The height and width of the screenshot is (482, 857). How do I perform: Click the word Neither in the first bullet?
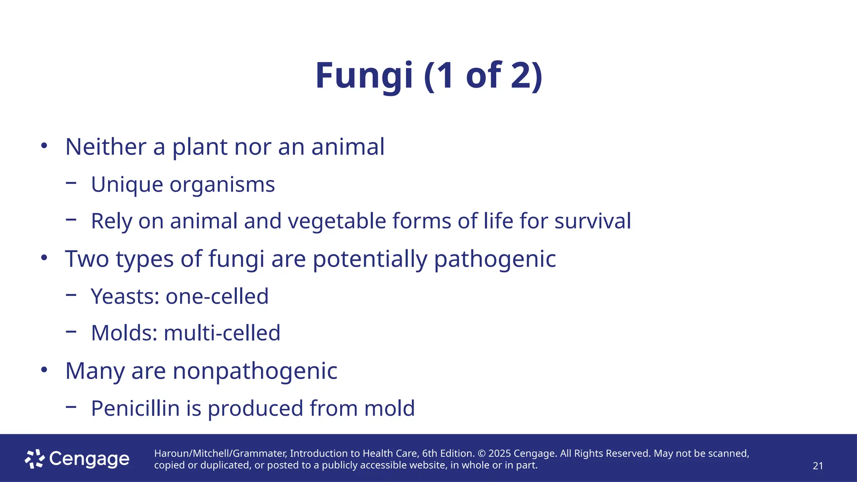pos(106,147)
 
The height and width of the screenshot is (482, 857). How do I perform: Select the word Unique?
pos(127,185)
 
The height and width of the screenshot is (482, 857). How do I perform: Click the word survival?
pos(593,221)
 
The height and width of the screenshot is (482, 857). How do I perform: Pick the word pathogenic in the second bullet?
pos(495,259)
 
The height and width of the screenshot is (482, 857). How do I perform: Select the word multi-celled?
pos(222,333)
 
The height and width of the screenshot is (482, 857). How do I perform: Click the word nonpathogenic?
pos(255,371)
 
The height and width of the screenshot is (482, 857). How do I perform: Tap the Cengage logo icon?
pos(35,459)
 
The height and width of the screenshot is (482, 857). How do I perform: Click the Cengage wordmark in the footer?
pos(89,459)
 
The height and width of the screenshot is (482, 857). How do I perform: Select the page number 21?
pos(818,466)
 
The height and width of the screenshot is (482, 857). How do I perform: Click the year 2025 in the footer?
pos(499,454)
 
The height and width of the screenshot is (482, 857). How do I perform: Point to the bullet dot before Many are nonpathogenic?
pos(44,370)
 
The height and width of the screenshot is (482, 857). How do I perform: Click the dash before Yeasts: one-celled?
pos(71,295)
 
